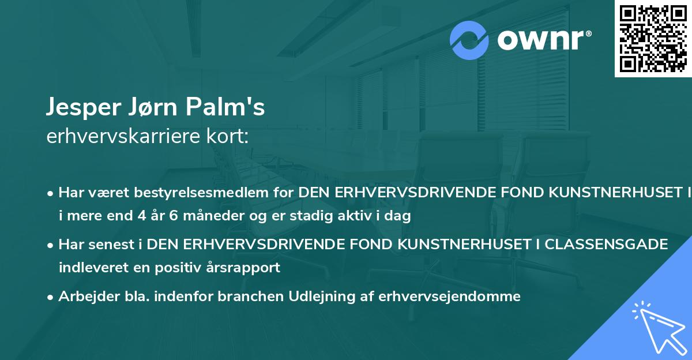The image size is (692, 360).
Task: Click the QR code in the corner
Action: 653,38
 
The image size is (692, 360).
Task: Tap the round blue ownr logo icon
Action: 469,39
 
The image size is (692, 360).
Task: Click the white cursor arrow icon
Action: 657,328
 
